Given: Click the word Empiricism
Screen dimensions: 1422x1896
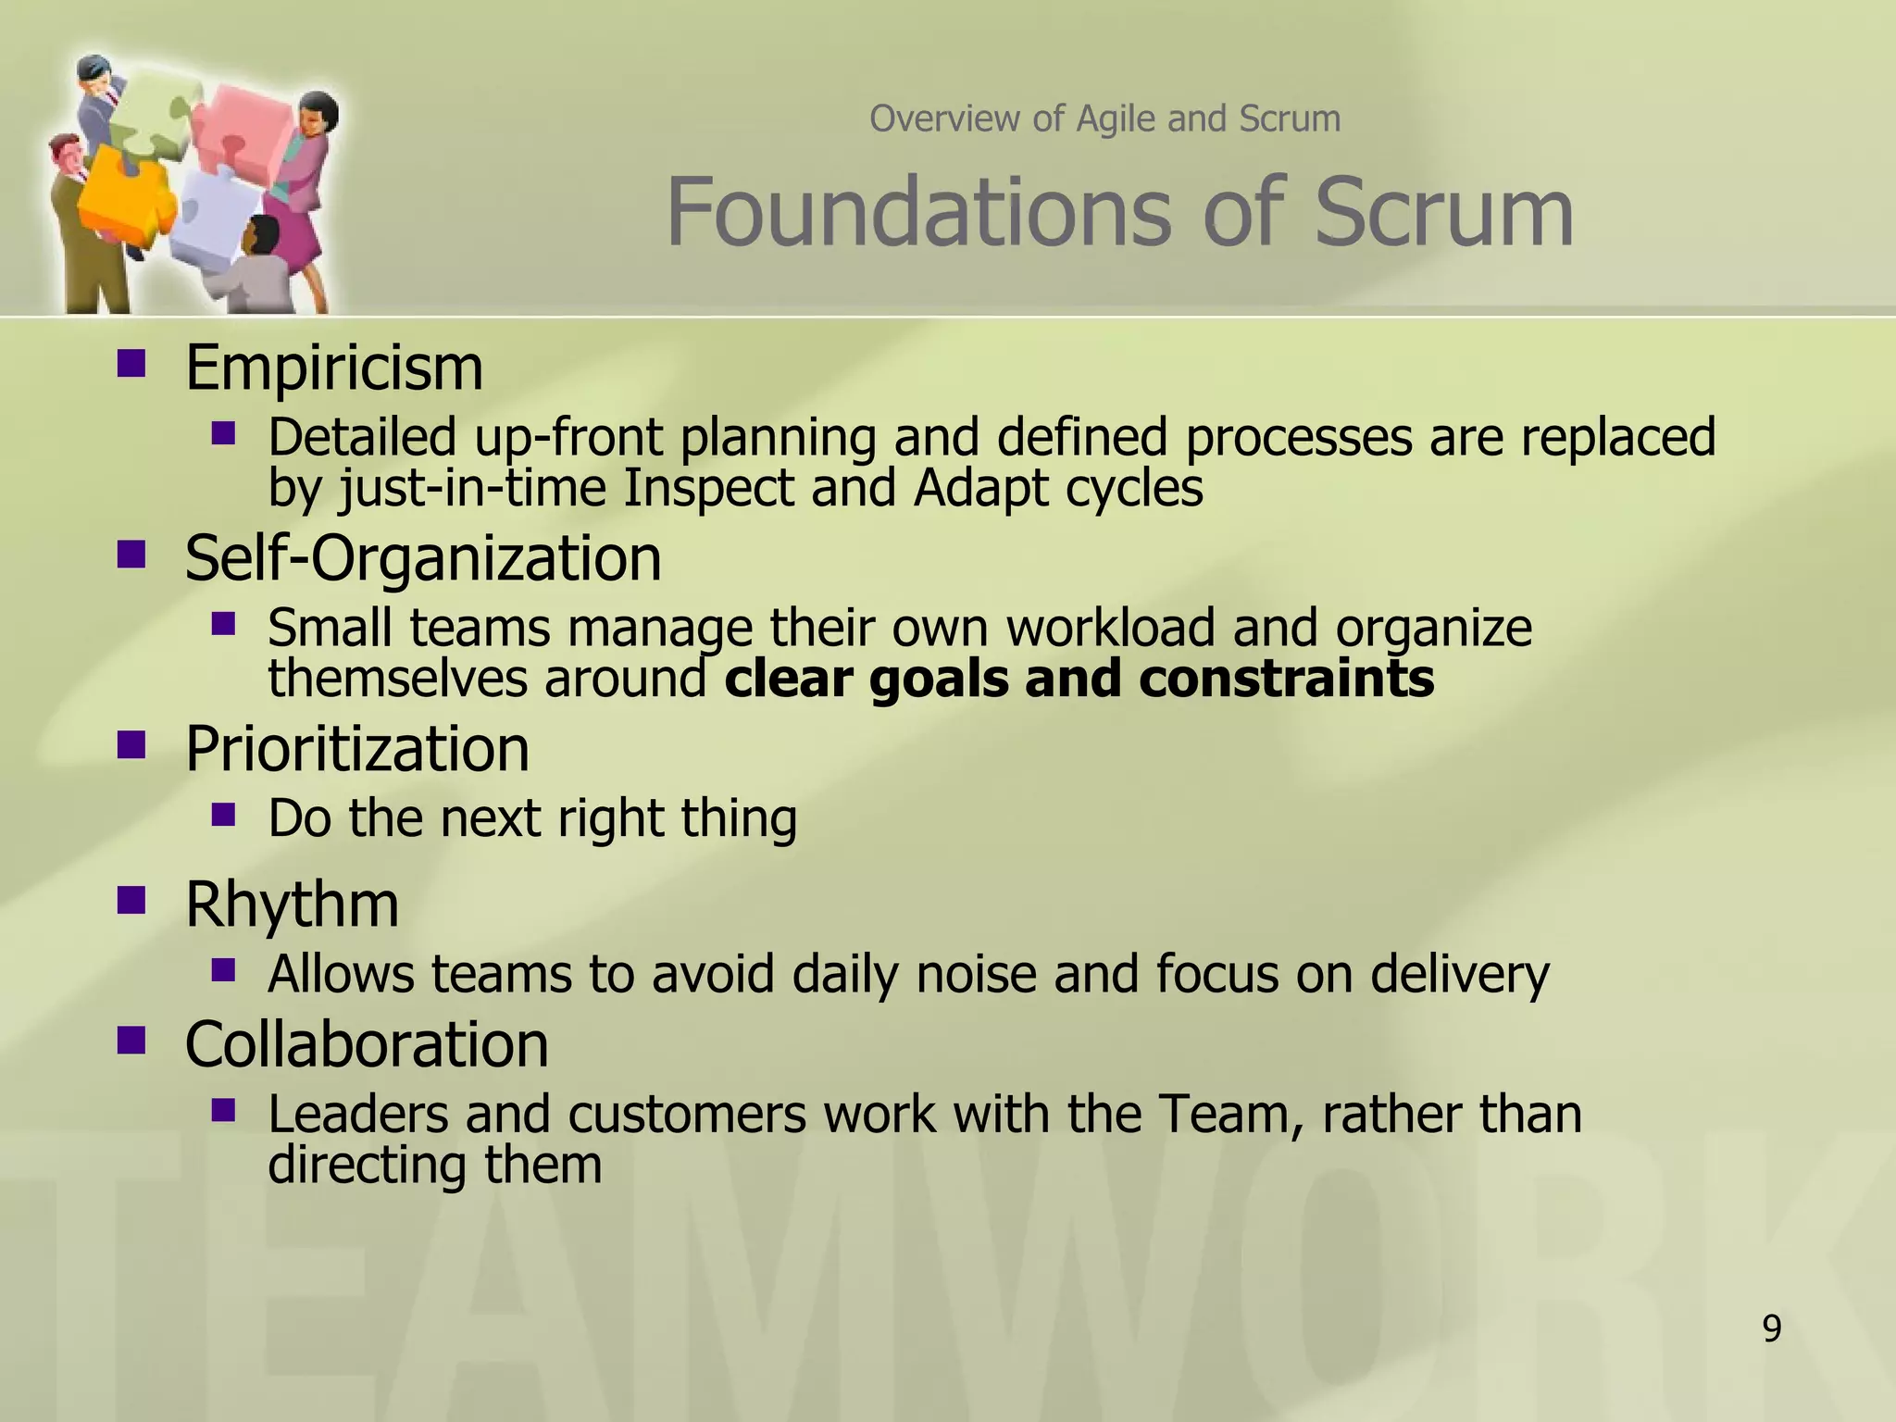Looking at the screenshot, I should pyautogui.click(x=334, y=368).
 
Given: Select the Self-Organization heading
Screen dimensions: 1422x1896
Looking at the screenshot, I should pyautogui.click(x=423, y=559).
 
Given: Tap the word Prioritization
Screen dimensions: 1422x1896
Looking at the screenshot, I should pyautogui.click(x=357, y=749).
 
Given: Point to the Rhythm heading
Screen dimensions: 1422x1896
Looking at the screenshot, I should pyautogui.click(x=292, y=904).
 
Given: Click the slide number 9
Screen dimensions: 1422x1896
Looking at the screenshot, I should pyautogui.click(x=1771, y=1329).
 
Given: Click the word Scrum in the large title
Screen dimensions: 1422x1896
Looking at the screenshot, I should pyautogui.click(x=1444, y=213).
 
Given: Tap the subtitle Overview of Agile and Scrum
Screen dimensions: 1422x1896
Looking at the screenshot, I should pyautogui.click(x=1104, y=119).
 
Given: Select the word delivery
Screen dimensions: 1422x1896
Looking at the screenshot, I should pyautogui.click(x=1459, y=974).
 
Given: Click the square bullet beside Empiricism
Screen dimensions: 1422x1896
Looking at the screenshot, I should pyautogui.click(x=131, y=363).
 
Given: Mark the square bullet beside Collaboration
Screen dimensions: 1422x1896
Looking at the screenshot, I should pyautogui.click(x=131, y=1040).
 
